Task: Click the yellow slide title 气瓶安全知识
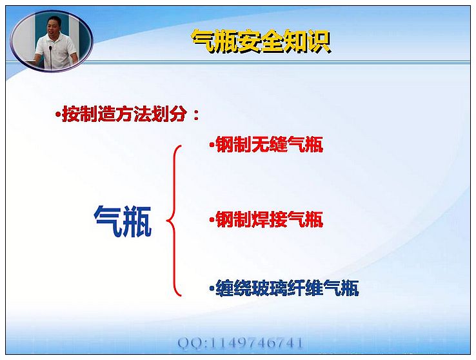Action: [261, 41]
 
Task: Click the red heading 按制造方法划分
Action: [124, 114]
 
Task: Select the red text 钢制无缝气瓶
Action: [269, 144]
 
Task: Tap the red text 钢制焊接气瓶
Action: [269, 219]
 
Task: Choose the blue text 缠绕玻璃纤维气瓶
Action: [287, 288]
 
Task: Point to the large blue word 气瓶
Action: [123, 221]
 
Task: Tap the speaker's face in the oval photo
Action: [54, 26]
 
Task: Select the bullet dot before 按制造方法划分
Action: [57, 115]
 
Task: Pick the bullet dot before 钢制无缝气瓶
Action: [212, 145]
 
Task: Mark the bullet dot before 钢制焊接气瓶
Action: [212, 220]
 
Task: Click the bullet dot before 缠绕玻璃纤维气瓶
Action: [212, 288]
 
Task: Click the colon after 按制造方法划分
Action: [196, 115]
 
